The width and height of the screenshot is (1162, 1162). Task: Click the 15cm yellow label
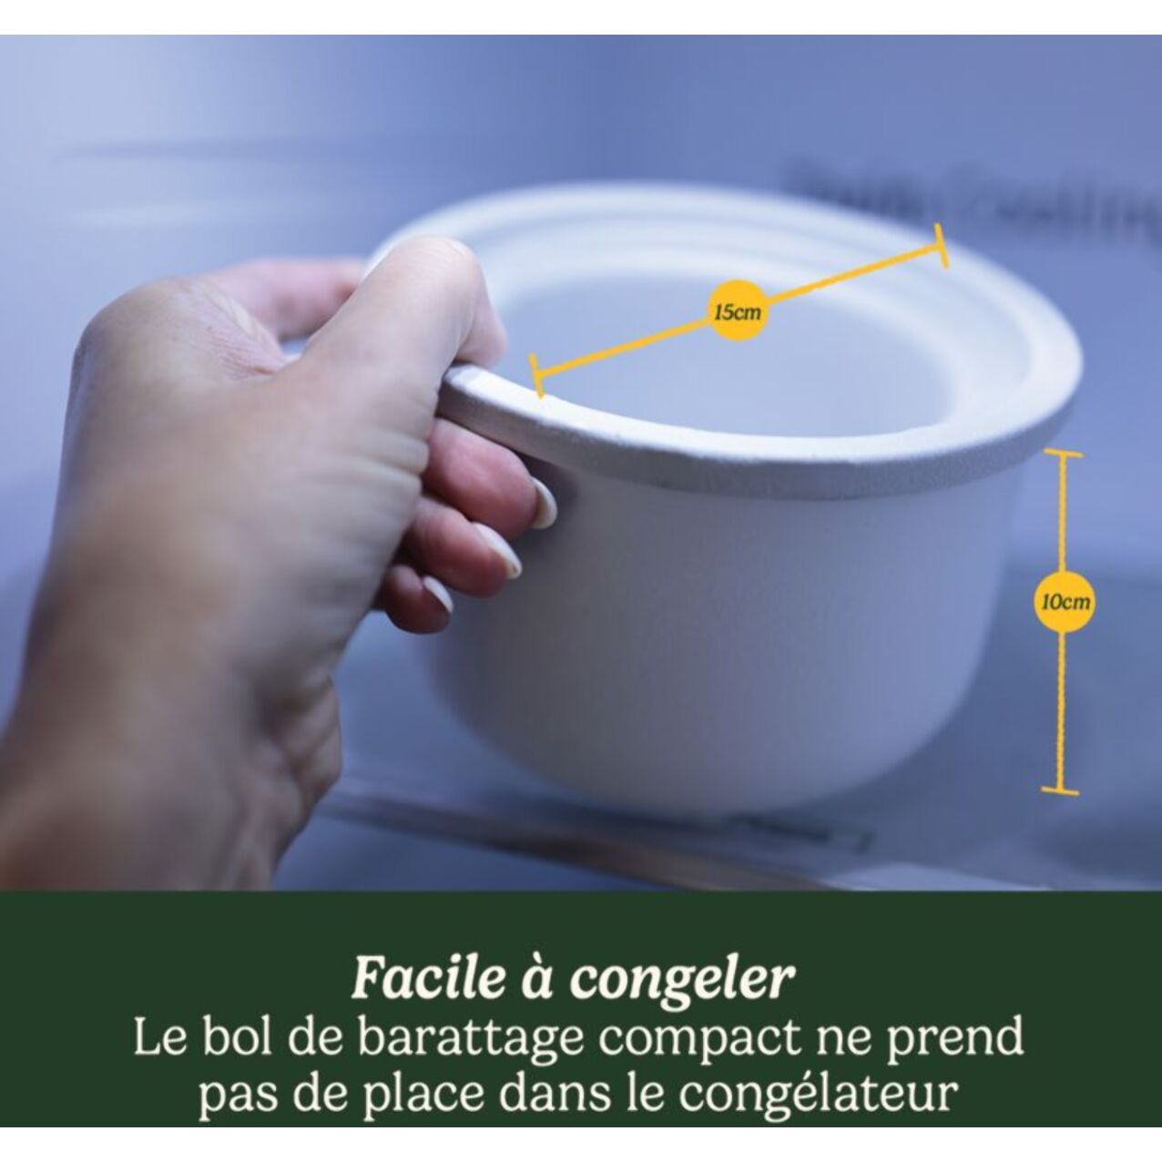[x=737, y=312]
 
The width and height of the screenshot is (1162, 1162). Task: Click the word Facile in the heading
[x=426, y=979]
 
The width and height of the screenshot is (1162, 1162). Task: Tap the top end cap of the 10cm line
[x=1063, y=453]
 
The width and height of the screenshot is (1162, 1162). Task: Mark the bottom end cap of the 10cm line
[x=1060, y=790]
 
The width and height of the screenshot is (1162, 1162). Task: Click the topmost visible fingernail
[x=544, y=505]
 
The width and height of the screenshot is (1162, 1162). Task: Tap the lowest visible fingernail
[x=438, y=595]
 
